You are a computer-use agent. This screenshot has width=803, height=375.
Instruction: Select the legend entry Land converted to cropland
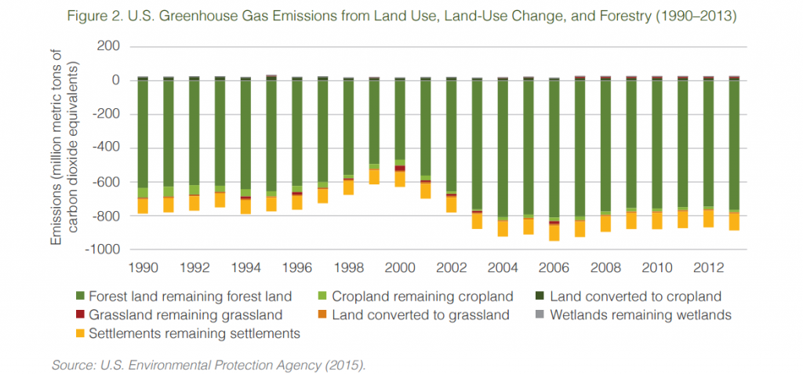(635, 297)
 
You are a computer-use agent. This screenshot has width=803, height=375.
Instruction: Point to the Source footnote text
(208, 365)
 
